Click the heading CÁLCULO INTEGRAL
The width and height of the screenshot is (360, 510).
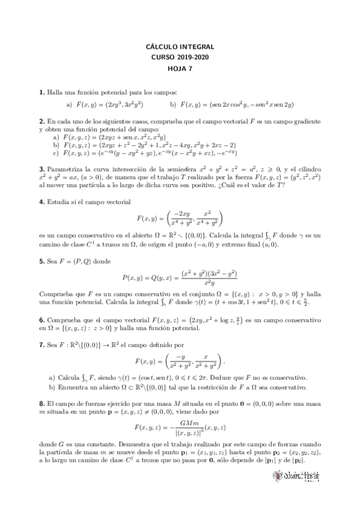click(x=180, y=46)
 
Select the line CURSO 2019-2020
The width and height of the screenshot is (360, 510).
click(x=180, y=57)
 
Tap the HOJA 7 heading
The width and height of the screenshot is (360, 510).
click(x=180, y=68)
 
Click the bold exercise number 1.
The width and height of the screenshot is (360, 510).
click(x=41, y=93)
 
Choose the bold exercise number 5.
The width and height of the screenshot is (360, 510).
click(x=41, y=262)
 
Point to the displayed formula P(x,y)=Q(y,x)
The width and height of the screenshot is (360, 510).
click(x=180, y=278)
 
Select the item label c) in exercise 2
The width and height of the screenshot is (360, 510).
click(x=55, y=153)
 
